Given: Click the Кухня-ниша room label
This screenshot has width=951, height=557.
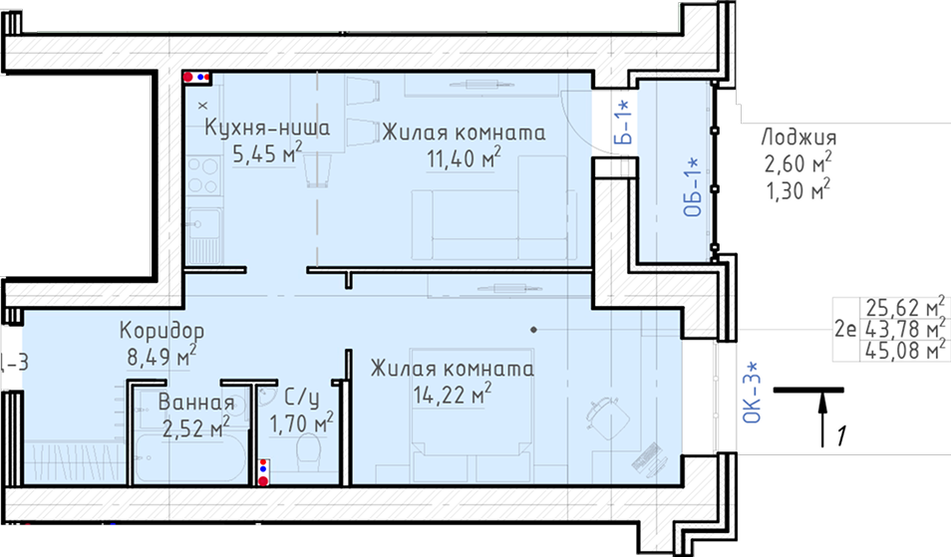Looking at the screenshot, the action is [267, 128].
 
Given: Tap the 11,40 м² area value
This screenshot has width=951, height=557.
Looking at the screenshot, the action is [464, 158].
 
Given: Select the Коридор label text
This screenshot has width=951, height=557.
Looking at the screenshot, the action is [161, 331].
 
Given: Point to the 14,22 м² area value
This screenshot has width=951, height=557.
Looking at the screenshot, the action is [453, 394].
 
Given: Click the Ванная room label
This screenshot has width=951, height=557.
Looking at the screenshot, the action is [196, 402].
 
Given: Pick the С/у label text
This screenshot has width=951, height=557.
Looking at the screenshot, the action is [301, 399].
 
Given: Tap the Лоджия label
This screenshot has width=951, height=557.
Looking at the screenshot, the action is [798, 138].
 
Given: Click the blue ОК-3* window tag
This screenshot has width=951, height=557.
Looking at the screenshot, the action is [752, 393].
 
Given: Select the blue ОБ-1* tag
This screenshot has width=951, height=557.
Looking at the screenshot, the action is [692, 187].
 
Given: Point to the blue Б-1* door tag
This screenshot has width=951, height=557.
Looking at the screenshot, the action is [623, 123].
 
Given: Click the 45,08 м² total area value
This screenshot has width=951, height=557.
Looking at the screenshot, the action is [905, 350].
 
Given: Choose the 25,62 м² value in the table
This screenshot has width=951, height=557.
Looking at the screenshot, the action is [905, 307].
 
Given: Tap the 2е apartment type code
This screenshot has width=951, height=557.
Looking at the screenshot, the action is [845, 329].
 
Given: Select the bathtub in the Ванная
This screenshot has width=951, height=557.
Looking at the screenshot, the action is [190, 458].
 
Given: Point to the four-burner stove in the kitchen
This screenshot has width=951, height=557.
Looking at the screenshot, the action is [203, 175].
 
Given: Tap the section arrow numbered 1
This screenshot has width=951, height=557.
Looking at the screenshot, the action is [822, 418].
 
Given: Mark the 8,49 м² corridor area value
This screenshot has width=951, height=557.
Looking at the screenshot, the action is [161, 357].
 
